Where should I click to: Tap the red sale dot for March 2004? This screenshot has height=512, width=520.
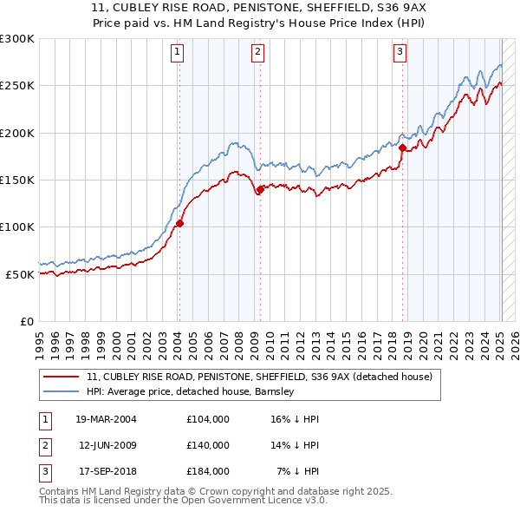180,223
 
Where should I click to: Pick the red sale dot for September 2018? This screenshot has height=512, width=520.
402,148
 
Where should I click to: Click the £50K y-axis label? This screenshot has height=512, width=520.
19,274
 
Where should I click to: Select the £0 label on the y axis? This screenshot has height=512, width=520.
26,321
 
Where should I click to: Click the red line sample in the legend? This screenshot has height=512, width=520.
61,377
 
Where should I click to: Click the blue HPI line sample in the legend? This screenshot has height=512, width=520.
61,391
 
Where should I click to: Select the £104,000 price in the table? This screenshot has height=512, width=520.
208,419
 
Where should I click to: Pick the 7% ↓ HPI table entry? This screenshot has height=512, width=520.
299,471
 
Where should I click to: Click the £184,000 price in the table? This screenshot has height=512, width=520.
208,471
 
